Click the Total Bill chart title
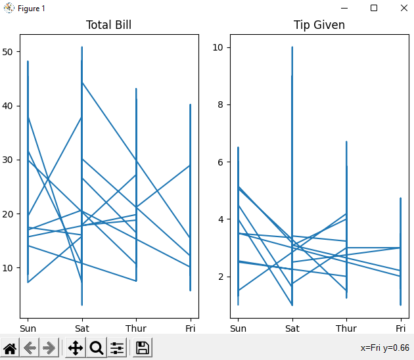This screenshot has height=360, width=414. [108, 25]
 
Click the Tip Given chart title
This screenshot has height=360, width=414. [319, 25]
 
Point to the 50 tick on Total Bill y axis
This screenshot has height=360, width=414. [11, 52]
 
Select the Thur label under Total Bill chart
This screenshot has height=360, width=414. [136, 328]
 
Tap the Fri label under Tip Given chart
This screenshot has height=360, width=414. [400, 328]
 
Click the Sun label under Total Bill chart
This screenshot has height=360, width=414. [28, 328]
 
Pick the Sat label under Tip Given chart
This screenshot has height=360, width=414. [292, 328]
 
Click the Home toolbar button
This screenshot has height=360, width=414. [11, 348]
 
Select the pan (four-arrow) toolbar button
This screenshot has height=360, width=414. [76, 348]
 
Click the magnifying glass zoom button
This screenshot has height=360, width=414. [97, 348]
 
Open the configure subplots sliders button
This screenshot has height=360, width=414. [118, 348]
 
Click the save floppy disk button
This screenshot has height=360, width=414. [143, 348]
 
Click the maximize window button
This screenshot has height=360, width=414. [374, 8]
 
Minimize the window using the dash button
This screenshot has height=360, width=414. [344, 8]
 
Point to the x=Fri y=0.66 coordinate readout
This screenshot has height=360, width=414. [384, 348]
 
